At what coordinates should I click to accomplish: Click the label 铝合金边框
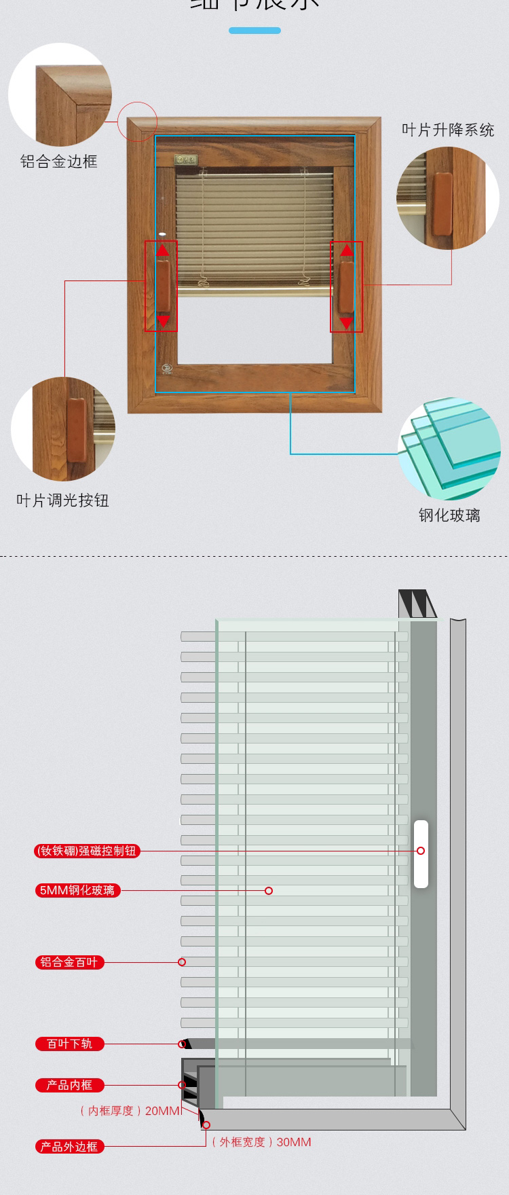59,162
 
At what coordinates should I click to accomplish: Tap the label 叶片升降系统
448,130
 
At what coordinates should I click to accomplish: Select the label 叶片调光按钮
62,500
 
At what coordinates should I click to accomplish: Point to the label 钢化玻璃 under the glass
449,515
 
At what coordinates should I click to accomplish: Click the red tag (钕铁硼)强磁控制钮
87,851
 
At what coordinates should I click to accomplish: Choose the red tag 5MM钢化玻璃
77,890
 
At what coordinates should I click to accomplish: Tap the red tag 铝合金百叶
69,962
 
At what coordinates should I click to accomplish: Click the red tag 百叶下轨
69,1044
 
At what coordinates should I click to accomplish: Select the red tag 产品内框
69,1085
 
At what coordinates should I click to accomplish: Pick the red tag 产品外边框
69,1147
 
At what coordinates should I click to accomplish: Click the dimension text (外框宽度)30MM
261,1142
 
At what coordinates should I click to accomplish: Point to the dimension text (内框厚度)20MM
130,1111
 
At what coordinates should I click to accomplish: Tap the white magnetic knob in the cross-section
421,853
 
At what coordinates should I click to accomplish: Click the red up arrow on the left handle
162,250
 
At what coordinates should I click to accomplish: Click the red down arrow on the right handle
346,323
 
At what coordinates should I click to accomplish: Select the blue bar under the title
254,31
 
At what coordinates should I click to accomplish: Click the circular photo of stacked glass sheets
449,449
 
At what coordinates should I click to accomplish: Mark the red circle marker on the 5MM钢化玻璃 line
269,890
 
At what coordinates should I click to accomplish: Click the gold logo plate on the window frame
185,160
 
